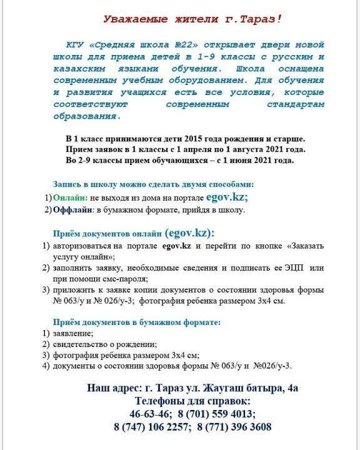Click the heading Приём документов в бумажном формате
coord(136,322)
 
